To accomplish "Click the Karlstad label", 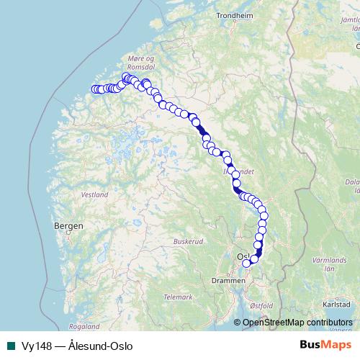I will (336, 305).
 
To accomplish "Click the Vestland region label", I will (94, 194).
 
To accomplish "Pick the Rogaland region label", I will (84, 326).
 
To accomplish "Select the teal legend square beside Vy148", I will (10, 346).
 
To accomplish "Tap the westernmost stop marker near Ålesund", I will (94, 89).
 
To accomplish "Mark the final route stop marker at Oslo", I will (246, 263).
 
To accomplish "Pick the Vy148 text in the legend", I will (34, 346).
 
